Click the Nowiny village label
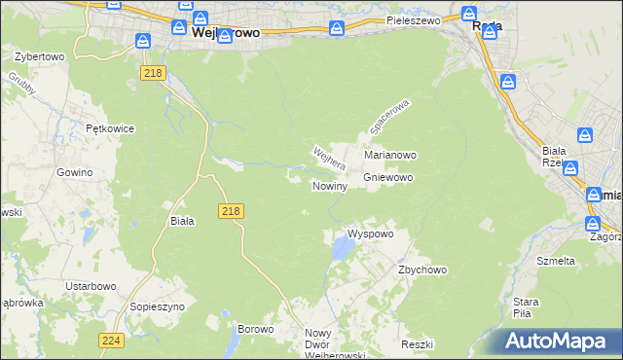click(x=329, y=186)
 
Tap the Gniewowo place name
click(x=388, y=178)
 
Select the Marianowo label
click(x=390, y=155)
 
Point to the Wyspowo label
click(x=370, y=234)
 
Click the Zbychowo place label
click(x=421, y=270)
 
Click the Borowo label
click(x=255, y=330)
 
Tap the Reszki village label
click(x=417, y=345)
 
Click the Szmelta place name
click(x=556, y=261)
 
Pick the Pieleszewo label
click(x=414, y=19)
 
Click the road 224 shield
click(x=110, y=340)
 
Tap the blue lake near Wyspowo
click(x=342, y=251)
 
